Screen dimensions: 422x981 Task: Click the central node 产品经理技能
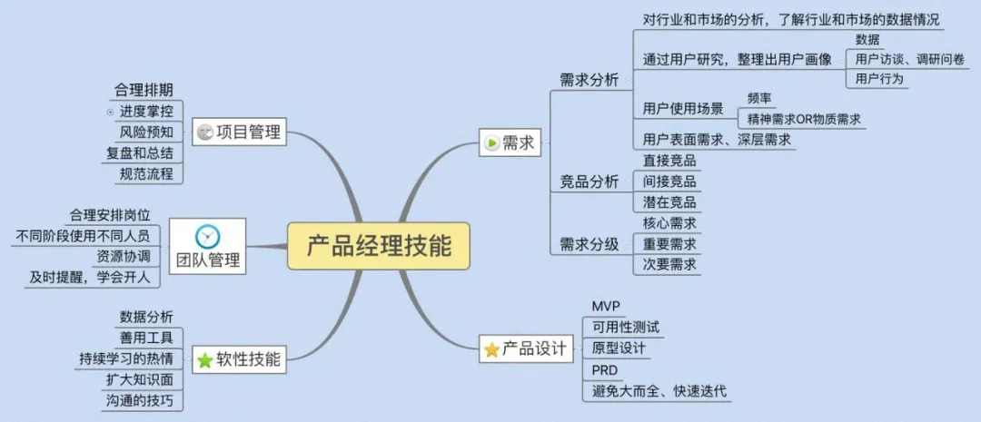click(x=379, y=245)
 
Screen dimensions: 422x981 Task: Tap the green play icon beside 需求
click(x=491, y=142)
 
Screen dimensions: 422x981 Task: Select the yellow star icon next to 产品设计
click(x=491, y=348)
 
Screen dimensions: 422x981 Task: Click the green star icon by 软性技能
click(x=205, y=360)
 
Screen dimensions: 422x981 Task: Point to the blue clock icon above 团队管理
click(x=207, y=236)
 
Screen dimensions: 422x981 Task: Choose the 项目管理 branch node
click(x=239, y=133)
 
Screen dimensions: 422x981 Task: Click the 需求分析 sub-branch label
click(x=589, y=80)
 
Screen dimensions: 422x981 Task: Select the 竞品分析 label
click(x=589, y=182)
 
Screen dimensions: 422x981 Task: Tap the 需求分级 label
click(x=589, y=243)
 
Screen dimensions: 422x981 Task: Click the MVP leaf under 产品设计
click(x=604, y=305)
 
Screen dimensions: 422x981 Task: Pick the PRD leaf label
click(x=604, y=370)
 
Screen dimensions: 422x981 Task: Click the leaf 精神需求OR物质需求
click(x=804, y=119)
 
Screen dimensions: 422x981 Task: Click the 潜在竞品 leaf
click(x=669, y=201)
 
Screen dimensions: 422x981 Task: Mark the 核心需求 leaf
click(x=669, y=222)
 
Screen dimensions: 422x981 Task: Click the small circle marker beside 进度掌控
click(x=111, y=112)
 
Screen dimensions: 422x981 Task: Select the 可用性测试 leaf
click(x=625, y=327)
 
